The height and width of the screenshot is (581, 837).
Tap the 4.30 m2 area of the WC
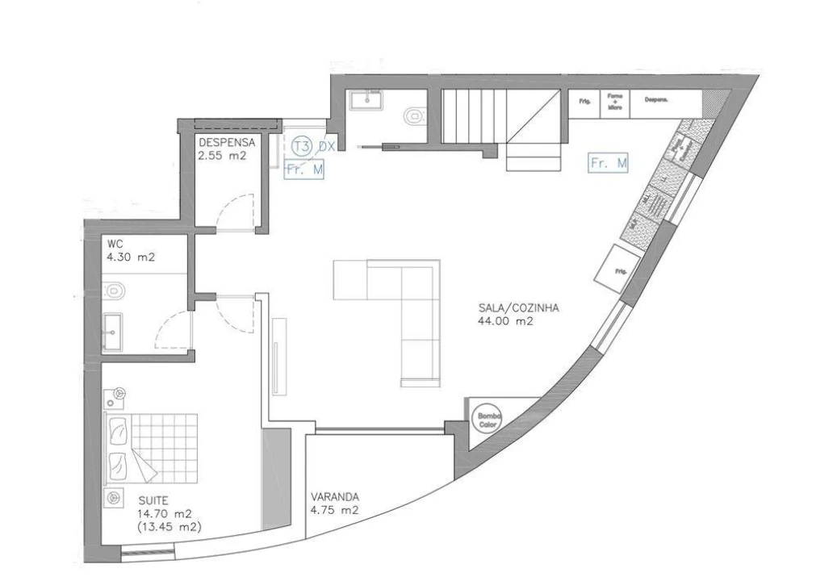click(130, 258)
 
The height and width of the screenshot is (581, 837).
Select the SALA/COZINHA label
click(518, 307)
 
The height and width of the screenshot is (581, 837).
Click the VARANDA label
click(334, 497)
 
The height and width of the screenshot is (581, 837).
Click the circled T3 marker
click(302, 146)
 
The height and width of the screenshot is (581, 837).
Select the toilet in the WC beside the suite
click(115, 289)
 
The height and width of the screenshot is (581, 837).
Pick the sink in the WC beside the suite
click(113, 330)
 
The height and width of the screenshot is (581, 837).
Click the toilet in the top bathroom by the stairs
click(414, 116)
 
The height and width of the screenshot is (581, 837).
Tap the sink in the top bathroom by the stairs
click(368, 101)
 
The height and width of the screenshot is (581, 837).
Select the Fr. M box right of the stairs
click(609, 163)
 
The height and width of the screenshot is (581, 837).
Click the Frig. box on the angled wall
click(620, 269)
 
